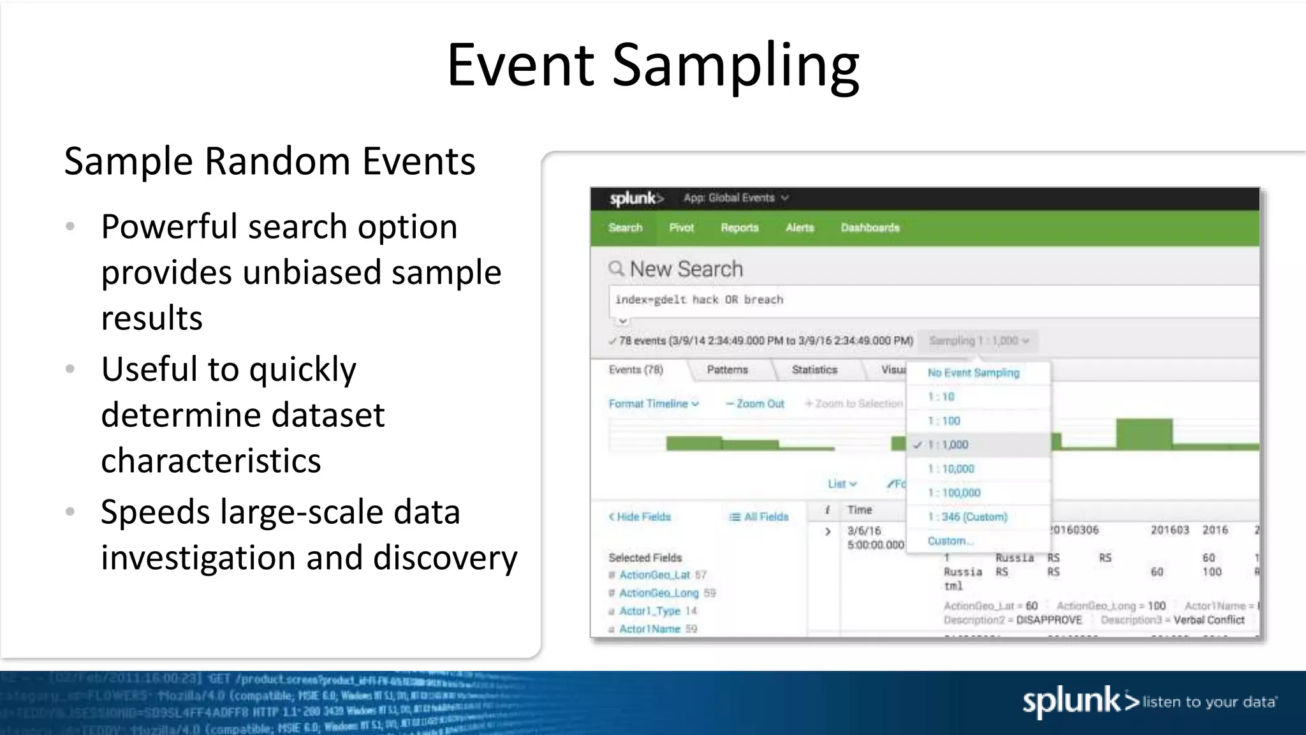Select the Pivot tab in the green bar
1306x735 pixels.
681,228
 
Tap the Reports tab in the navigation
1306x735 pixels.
740,228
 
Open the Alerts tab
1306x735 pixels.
800,228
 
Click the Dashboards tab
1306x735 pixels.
870,228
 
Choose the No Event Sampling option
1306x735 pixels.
973,373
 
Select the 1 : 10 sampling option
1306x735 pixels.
941,397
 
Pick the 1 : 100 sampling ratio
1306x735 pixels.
944,421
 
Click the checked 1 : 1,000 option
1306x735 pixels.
948,445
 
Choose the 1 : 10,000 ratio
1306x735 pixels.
951,469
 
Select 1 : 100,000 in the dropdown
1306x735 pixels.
955,493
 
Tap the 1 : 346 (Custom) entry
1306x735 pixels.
967,517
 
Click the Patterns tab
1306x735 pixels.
727,370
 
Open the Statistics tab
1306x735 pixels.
814,370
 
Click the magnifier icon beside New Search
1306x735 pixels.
616,269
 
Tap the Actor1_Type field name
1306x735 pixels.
650,611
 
